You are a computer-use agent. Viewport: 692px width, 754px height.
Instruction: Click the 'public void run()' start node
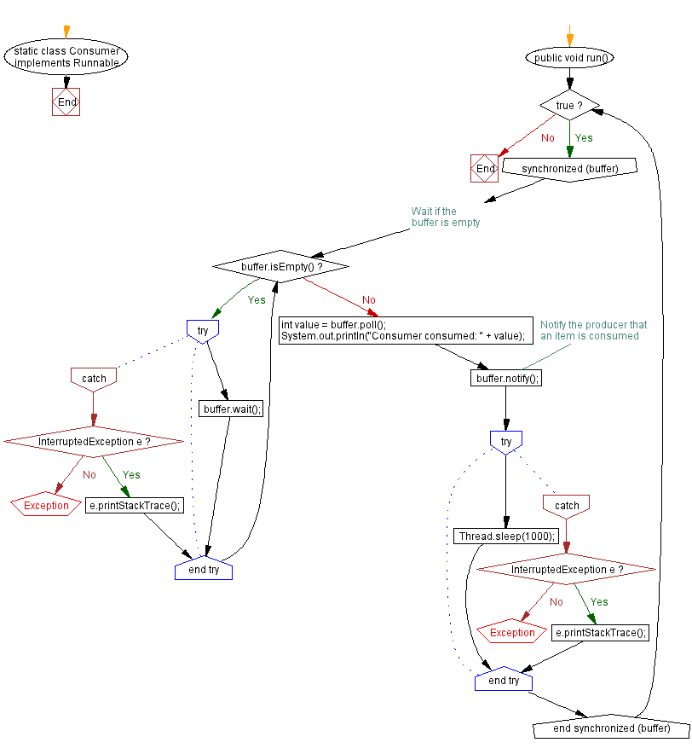coord(570,58)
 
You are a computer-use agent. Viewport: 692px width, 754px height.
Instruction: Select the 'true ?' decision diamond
coord(570,106)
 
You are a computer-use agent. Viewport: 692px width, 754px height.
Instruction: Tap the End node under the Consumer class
coord(66,102)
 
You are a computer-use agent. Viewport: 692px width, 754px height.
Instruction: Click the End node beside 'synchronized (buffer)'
coord(484,169)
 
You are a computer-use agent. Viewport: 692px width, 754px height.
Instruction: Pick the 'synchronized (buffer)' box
coord(570,168)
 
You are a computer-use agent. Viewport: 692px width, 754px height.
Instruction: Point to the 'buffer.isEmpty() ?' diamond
coord(281,266)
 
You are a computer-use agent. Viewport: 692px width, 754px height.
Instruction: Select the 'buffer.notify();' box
coord(507,378)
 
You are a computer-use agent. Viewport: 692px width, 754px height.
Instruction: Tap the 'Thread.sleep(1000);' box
coord(506,536)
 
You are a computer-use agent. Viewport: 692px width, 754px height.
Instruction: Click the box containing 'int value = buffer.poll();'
coord(404,330)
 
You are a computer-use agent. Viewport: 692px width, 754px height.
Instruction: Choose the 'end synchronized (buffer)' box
coord(610,728)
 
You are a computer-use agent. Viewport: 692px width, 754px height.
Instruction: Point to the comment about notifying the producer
coord(593,330)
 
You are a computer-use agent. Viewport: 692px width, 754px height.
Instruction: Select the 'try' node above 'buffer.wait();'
coord(203,329)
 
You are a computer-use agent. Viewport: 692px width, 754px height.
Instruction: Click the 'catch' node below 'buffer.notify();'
coord(567,506)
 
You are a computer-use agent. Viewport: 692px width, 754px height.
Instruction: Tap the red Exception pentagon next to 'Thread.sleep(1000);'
coord(511,633)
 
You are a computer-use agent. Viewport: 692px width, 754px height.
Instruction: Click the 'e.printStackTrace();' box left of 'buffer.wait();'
coord(136,505)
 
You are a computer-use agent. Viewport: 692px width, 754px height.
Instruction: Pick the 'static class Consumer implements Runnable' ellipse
coord(66,57)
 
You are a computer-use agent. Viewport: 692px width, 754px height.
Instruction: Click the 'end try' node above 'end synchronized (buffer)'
coord(504,681)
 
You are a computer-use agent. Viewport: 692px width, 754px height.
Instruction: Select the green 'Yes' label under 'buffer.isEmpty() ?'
coord(257,300)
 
